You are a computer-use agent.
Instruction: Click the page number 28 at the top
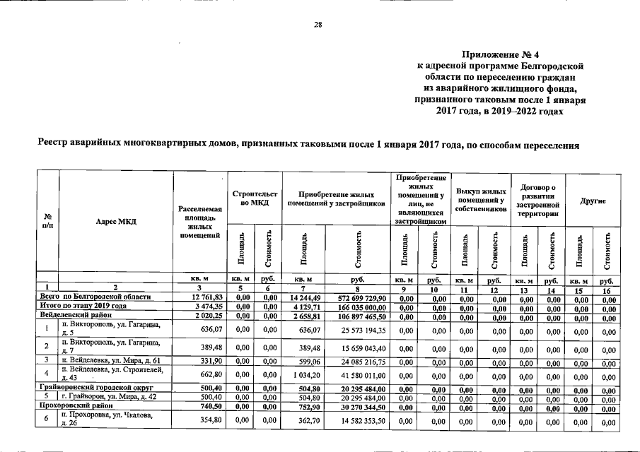(x=318, y=25)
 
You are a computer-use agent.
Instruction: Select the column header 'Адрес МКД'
(x=115, y=221)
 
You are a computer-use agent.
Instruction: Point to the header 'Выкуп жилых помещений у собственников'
(x=480, y=200)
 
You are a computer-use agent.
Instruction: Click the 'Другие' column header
(x=591, y=201)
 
